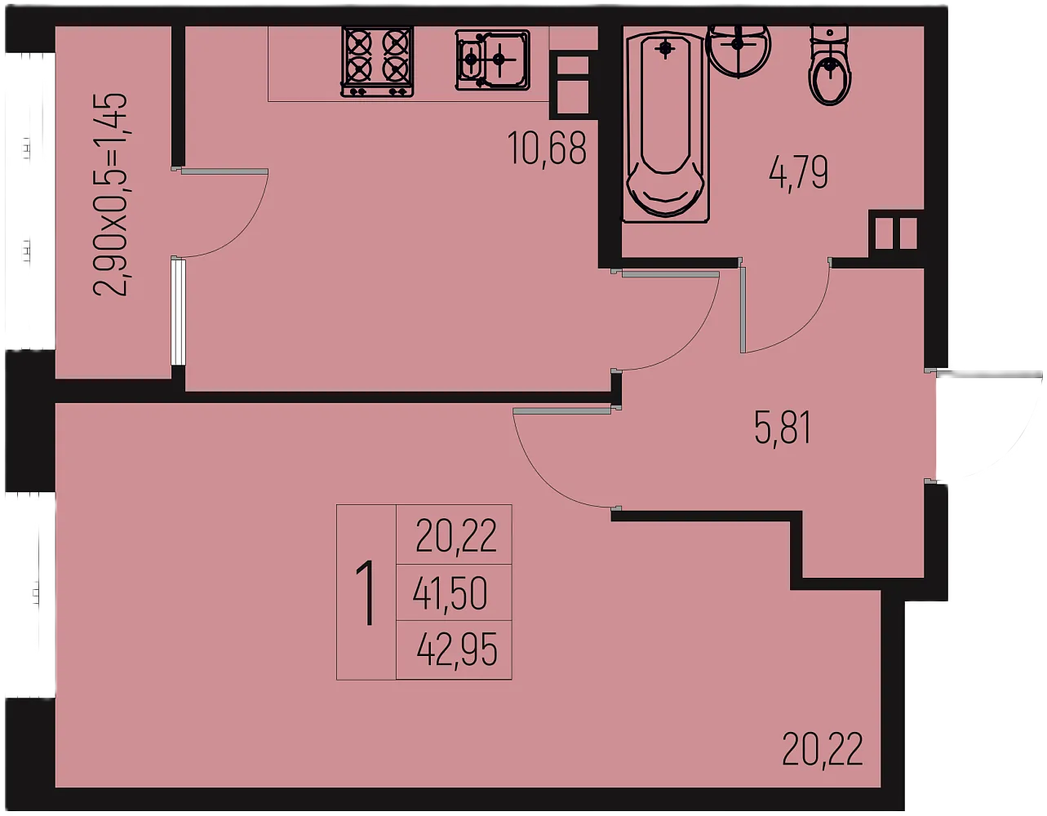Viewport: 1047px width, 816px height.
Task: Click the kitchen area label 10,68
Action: coord(547,149)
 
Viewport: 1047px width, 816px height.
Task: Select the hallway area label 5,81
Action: coord(783,428)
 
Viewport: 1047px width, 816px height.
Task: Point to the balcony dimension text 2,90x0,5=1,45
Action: coord(110,194)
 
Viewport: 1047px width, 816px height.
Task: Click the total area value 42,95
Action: coord(457,650)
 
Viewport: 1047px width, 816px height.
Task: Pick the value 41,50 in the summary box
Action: coord(450,593)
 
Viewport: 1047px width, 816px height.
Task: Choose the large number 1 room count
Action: coord(366,592)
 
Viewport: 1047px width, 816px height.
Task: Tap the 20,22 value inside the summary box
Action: coord(456,535)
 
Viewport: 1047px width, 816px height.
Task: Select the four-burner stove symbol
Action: coord(377,62)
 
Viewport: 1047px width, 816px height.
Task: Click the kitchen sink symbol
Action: coord(492,60)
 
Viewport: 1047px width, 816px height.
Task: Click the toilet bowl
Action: coord(830,65)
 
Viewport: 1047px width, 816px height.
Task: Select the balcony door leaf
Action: coord(224,171)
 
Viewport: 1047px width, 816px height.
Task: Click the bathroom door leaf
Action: coord(743,309)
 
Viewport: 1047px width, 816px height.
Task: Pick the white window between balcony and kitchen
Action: coord(178,313)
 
